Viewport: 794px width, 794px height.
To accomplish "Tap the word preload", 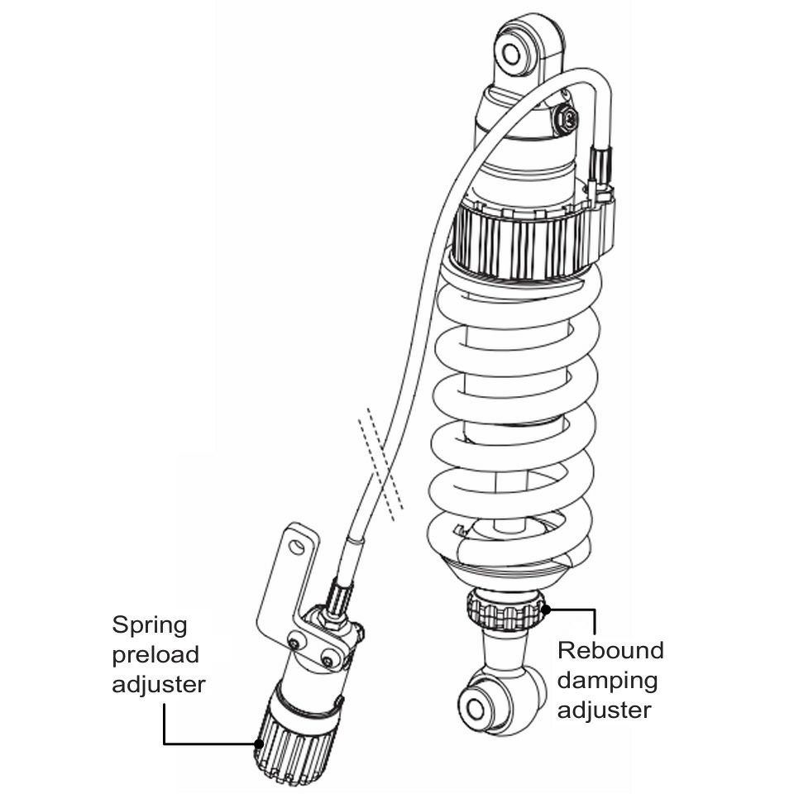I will (155, 654).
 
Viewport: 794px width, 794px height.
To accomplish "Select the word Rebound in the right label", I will (610, 649).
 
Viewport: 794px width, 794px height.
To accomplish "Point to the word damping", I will (608, 680).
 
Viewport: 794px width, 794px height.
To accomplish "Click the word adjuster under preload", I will (159, 684).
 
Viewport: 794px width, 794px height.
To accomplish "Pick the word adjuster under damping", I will (604, 710).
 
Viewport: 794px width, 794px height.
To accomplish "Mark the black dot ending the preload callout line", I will (260, 743).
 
